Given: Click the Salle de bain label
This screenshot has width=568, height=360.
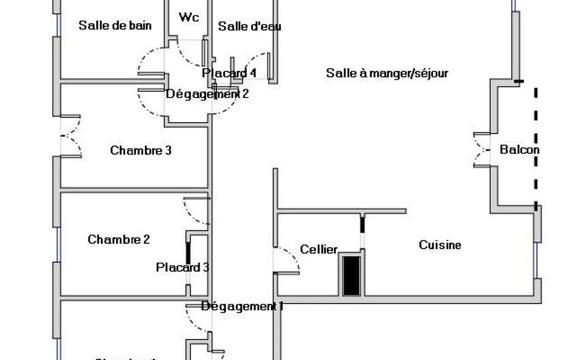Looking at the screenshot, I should [x=115, y=25].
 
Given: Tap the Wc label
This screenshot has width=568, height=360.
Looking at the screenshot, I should [x=189, y=17].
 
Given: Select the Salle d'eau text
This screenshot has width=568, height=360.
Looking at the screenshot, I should [x=249, y=27].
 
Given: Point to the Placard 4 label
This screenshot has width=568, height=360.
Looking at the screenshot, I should [x=229, y=73].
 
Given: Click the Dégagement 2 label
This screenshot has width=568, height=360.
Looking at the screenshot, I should [x=207, y=94].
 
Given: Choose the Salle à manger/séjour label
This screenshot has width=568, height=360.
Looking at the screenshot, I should [x=387, y=73].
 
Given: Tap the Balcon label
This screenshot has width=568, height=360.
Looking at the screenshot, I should [x=519, y=150].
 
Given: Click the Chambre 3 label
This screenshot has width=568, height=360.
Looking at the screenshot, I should [x=141, y=150].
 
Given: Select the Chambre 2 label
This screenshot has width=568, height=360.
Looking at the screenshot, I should [x=119, y=239].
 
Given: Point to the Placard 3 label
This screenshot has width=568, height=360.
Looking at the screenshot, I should [x=182, y=268].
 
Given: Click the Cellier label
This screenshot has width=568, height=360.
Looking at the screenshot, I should [x=319, y=250].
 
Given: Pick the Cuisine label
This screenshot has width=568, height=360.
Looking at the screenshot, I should [x=440, y=245].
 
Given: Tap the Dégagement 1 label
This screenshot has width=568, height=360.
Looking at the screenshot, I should [x=242, y=306].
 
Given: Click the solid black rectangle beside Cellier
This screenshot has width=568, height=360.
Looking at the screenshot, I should [x=351, y=275].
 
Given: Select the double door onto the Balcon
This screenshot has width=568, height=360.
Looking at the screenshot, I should [x=481, y=150].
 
